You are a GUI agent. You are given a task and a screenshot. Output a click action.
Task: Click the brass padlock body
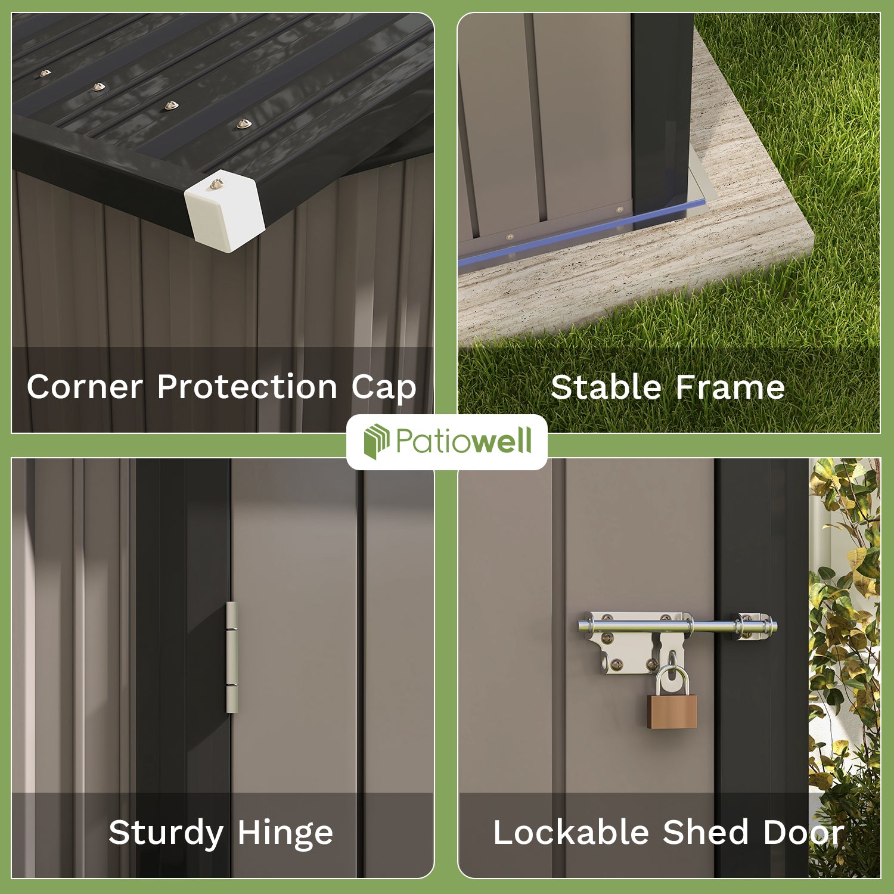click(x=672, y=712)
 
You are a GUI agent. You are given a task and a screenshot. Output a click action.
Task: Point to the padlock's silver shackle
click(x=672, y=679)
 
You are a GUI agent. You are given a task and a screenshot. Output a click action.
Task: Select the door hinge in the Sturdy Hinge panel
click(x=231, y=657)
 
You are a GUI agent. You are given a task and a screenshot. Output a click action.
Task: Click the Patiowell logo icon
click(x=377, y=442)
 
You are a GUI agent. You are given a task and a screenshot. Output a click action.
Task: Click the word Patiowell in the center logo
click(x=463, y=442)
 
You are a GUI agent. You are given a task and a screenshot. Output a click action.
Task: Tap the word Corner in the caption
click(x=84, y=387)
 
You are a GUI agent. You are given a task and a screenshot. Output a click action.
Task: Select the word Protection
click(x=247, y=387)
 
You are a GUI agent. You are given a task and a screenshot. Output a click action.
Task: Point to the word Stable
click(x=606, y=387)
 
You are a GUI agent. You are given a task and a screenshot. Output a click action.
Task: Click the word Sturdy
click(x=165, y=833)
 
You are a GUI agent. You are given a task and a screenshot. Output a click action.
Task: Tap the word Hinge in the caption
click(x=285, y=833)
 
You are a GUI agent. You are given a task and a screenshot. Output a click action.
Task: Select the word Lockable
click(x=570, y=832)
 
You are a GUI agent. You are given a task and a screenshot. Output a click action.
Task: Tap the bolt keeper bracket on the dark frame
click(x=752, y=626)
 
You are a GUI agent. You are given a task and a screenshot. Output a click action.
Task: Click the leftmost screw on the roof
click(x=45, y=73)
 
